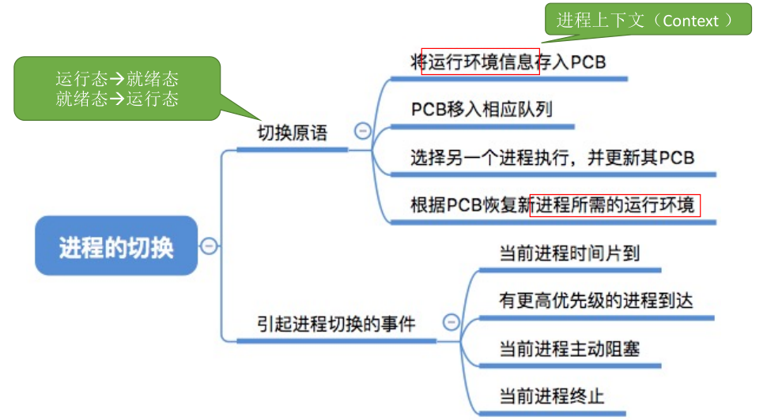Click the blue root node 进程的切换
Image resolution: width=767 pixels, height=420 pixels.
click(x=116, y=246)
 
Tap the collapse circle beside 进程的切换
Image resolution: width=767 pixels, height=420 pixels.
click(x=209, y=246)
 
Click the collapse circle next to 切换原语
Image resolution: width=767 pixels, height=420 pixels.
click(x=362, y=131)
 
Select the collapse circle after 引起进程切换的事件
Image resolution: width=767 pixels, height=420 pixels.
click(x=451, y=322)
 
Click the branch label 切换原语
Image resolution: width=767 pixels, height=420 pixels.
click(x=293, y=133)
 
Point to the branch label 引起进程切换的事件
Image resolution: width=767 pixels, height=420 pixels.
click(x=337, y=324)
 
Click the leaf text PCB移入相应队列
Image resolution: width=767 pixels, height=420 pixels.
click(x=482, y=110)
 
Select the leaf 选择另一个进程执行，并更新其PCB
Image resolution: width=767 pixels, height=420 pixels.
click(x=553, y=157)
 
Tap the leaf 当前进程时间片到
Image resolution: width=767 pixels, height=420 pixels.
click(x=569, y=253)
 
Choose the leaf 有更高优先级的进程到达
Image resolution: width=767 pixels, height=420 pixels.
click(x=595, y=300)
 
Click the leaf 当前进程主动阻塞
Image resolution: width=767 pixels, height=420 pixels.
click(x=569, y=349)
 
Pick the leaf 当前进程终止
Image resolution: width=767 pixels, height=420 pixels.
click(x=552, y=396)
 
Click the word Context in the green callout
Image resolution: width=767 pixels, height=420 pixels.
click(x=690, y=21)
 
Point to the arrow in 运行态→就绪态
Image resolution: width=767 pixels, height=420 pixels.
click(x=117, y=79)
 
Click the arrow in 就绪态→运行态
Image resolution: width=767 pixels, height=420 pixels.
click(x=117, y=99)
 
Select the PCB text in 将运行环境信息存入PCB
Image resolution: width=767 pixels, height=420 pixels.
click(x=588, y=62)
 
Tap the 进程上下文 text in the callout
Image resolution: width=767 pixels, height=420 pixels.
click(x=601, y=21)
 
